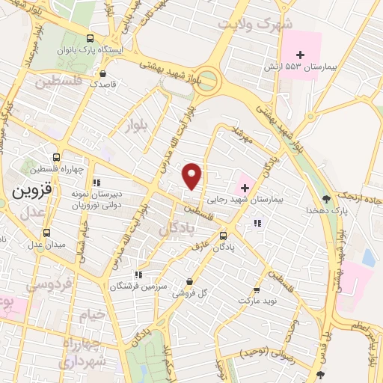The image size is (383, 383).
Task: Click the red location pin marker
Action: coord(193,175)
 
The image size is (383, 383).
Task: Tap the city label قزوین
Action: coord(31,191)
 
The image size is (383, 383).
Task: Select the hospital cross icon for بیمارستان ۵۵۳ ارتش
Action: coord(301,55)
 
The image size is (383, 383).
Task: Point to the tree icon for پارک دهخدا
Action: coord(326,198)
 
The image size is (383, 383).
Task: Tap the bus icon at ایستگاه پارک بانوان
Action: coord(91,39)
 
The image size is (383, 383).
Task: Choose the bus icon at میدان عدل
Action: coord(46,233)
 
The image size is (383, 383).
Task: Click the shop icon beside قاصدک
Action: coord(102,73)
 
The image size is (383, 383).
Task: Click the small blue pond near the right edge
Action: coord(368,257)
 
